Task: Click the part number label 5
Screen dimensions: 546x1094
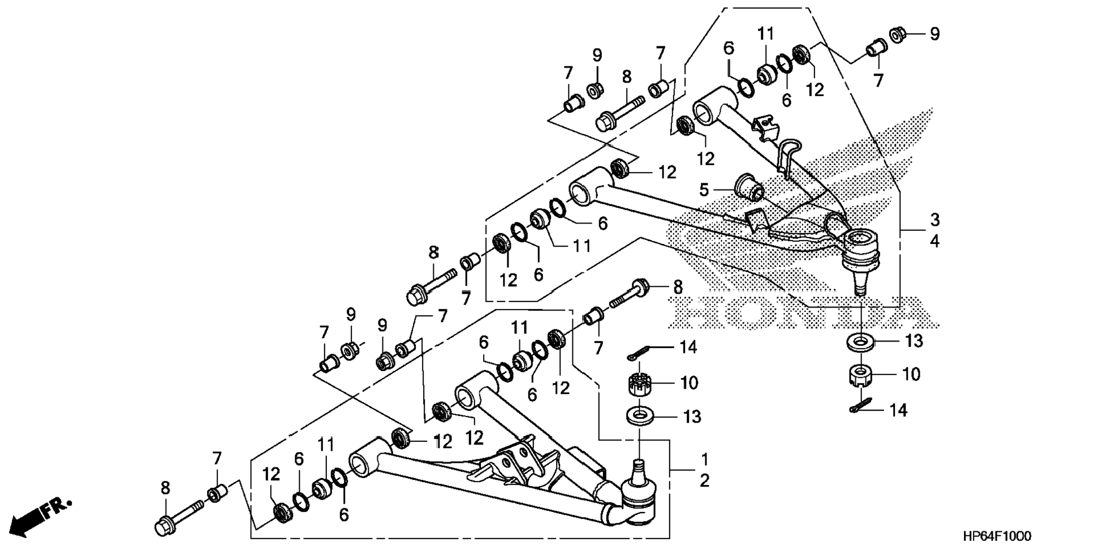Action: pos(704,190)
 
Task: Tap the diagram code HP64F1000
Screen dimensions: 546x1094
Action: pos(997,536)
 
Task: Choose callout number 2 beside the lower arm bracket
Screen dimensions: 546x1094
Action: pos(704,480)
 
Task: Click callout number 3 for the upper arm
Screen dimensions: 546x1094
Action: pos(934,220)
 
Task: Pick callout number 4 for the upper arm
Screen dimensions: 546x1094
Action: pos(934,242)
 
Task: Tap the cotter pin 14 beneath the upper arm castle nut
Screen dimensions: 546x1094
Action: pos(862,407)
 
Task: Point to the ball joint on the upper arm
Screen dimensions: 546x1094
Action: pos(860,252)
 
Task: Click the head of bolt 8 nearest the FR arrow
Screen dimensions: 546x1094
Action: pos(163,526)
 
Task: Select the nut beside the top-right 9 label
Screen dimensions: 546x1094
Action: pos(897,35)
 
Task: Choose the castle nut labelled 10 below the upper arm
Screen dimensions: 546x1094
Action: pos(860,375)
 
